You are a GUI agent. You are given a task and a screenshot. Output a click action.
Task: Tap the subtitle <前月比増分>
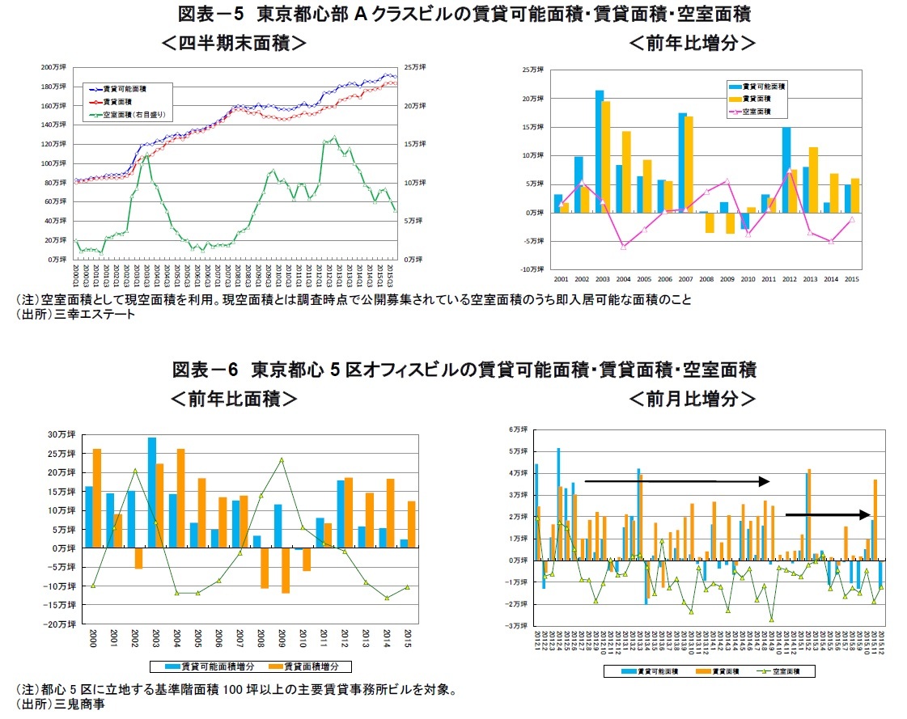click(x=693, y=399)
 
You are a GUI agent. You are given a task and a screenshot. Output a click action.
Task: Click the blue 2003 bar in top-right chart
click(x=600, y=150)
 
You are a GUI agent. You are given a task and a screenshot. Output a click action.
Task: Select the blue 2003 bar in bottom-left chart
click(x=152, y=492)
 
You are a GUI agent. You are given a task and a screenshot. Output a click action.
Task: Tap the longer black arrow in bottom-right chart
click(x=676, y=481)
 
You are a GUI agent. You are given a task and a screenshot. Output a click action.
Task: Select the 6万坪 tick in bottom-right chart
click(x=518, y=428)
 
